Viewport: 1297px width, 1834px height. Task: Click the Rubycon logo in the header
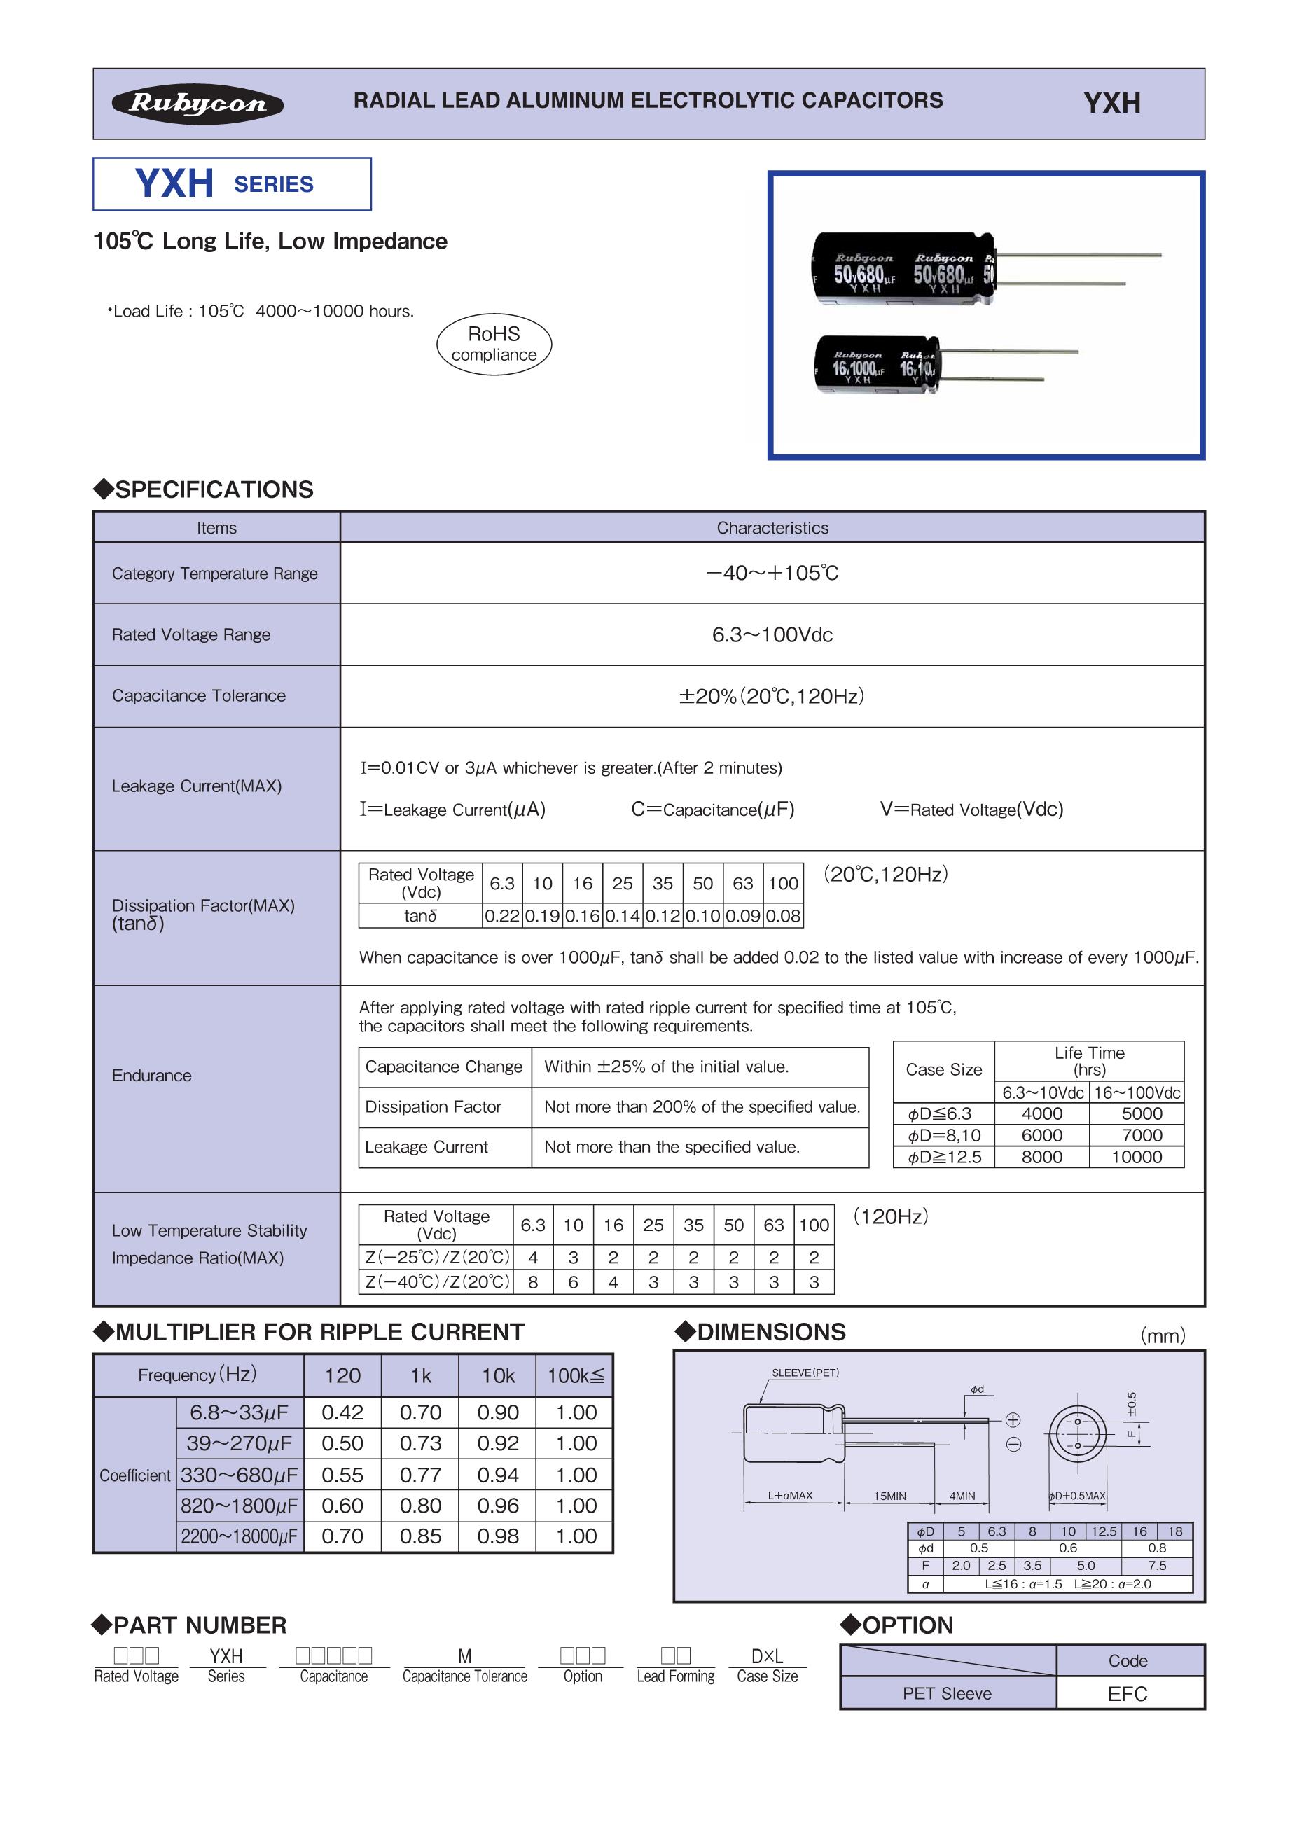click(197, 104)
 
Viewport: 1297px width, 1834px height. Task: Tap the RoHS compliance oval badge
click(494, 345)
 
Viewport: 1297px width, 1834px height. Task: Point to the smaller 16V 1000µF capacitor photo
click(877, 365)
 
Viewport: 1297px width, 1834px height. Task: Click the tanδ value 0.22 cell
click(502, 916)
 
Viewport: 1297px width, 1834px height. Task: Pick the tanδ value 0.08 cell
click(783, 916)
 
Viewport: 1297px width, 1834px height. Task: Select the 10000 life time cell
click(1137, 1157)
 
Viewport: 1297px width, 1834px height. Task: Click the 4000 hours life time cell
click(1041, 1113)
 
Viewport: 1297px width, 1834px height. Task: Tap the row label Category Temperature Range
click(215, 574)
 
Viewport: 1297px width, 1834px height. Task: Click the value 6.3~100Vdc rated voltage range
click(772, 635)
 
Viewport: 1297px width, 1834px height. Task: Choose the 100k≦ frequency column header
click(575, 1375)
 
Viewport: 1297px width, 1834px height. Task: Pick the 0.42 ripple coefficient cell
click(342, 1412)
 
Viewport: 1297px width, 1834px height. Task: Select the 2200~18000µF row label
click(239, 1536)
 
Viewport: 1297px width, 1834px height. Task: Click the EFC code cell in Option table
click(1127, 1693)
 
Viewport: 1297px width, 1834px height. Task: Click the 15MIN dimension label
click(889, 1495)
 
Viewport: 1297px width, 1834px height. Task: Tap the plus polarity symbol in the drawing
click(1013, 1419)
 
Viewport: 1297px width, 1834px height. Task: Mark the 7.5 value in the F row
click(1156, 1566)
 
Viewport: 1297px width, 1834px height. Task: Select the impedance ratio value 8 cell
click(533, 1282)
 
